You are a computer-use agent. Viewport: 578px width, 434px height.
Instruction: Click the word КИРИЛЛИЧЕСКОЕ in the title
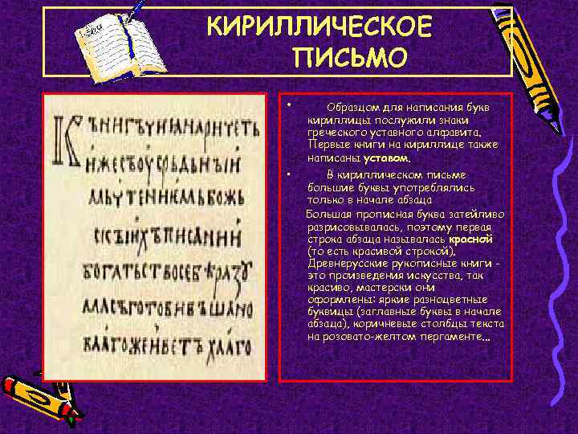pyautogui.click(x=320, y=29)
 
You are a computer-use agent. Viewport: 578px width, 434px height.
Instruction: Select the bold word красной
pyautogui.click(x=470, y=240)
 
